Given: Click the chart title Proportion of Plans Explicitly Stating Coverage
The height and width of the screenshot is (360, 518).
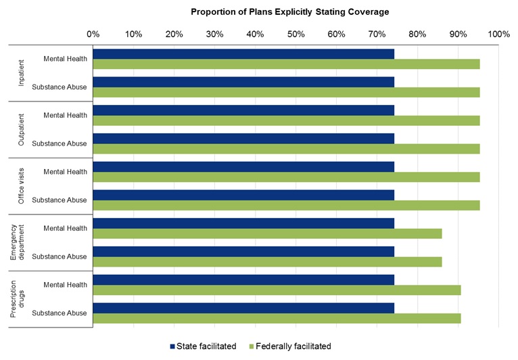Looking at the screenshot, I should pos(289,12).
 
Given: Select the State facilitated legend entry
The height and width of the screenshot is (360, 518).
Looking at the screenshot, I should pos(202,346).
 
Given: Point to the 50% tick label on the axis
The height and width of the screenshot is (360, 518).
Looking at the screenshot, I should pos(296,34).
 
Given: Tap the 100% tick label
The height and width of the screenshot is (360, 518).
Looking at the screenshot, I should pos(498,34).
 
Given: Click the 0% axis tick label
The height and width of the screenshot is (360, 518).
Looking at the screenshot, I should pos(93,34).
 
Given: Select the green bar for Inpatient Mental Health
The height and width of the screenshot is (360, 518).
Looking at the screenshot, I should pos(286,64).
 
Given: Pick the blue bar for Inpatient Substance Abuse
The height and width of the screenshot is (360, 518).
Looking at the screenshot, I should pos(243,83).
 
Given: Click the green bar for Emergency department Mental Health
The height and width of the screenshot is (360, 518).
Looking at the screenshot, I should pos(267,233).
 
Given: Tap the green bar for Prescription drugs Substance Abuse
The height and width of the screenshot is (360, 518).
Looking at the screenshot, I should pos(277,318).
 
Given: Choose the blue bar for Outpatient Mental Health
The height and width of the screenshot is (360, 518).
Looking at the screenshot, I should pos(243,111).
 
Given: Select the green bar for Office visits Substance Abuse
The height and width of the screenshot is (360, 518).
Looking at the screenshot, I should pos(286,205).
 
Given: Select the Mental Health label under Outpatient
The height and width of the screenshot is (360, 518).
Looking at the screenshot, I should pos(65,115).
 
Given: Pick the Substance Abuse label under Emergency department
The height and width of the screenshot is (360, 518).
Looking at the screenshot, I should pos(60,256).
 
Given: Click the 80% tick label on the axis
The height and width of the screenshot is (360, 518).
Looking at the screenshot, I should pos(417,34).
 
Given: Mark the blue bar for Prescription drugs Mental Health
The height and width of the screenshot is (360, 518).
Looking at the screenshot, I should pos(243,280).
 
